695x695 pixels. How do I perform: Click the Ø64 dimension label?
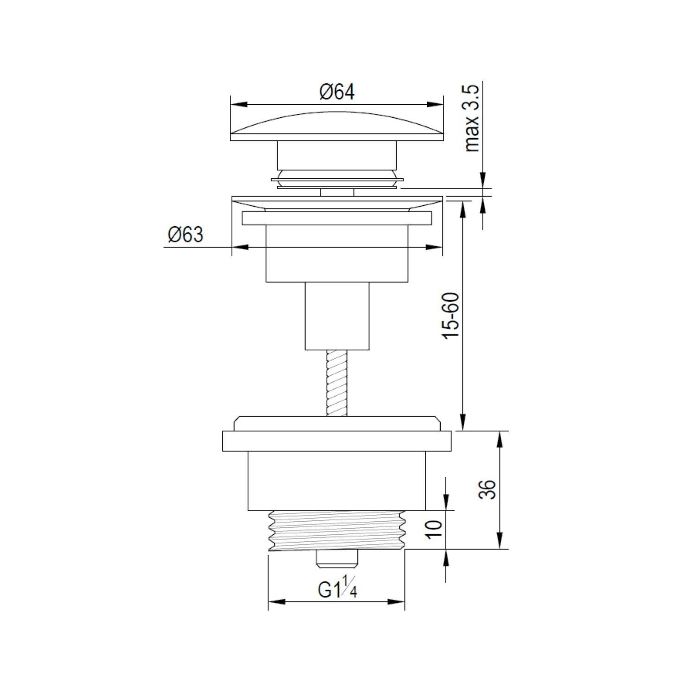tap(337, 92)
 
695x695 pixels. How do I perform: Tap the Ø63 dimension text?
tap(186, 235)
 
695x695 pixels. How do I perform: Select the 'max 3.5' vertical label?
tap(473, 118)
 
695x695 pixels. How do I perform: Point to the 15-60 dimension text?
tap(451, 316)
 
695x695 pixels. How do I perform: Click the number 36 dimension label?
tap(487, 489)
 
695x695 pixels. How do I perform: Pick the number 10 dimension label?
tap(434, 528)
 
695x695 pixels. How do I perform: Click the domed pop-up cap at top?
tap(337, 126)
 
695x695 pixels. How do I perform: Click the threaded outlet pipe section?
tap(337, 531)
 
